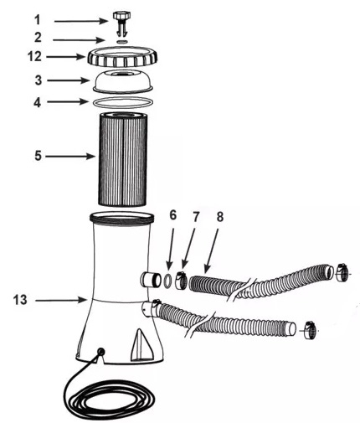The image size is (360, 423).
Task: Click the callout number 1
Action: click(38, 20)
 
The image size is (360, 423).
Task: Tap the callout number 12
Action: click(34, 57)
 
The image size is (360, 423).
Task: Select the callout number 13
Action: click(20, 300)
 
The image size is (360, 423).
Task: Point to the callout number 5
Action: click(38, 156)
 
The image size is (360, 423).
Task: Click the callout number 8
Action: click(220, 217)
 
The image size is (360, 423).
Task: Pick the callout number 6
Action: click(173, 215)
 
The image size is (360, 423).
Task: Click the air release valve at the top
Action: click(122, 23)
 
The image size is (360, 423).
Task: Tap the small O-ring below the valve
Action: click(122, 42)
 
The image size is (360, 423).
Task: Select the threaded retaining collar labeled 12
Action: click(122, 57)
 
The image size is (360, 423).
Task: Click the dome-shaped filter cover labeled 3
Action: click(123, 81)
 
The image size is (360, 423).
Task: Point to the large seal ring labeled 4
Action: click(123, 102)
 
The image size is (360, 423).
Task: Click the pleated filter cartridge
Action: click(122, 159)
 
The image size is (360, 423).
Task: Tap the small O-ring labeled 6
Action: click(167, 280)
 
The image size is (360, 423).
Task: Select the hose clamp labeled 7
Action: click(181, 280)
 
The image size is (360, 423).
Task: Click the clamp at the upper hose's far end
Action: click(342, 272)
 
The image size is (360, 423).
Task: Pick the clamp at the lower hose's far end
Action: click(309, 330)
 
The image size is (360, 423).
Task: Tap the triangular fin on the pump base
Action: click(141, 344)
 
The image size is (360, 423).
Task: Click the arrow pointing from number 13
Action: click(62, 300)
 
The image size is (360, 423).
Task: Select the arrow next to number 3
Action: click(69, 80)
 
